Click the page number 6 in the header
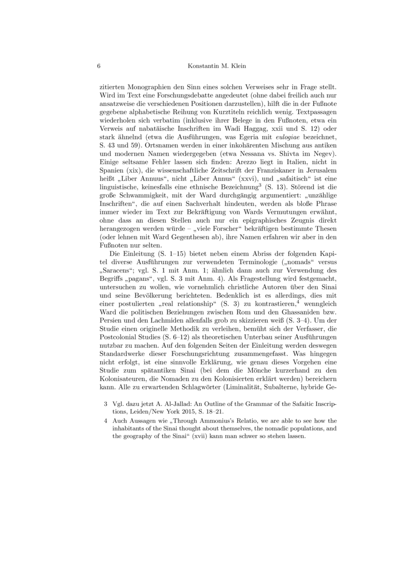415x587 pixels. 99,66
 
